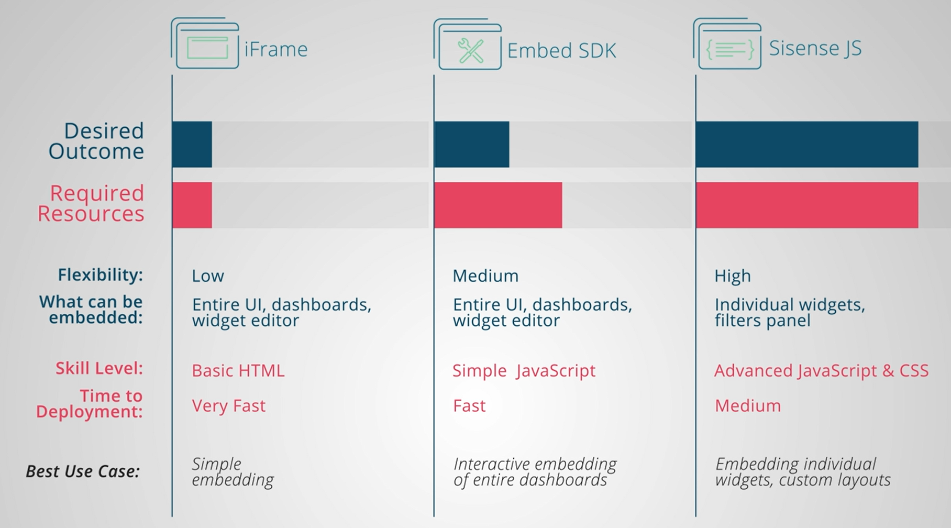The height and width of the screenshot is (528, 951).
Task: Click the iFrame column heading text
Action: [x=276, y=49]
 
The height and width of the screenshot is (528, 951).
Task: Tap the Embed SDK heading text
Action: [x=561, y=51]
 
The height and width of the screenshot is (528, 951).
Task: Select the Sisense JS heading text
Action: [x=815, y=48]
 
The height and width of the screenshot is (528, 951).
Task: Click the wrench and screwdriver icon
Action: [x=470, y=51]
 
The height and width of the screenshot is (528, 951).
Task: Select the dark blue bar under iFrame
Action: [x=192, y=145]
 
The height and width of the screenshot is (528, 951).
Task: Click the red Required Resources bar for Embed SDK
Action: [x=498, y=205]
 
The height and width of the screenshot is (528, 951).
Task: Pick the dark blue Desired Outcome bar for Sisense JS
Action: [x=807, y=145]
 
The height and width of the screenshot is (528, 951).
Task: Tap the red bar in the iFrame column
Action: [x=192, y=205]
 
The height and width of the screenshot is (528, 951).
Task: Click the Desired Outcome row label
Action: [x=96, y=141]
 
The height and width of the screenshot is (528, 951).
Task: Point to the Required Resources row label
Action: [x=91, y=203]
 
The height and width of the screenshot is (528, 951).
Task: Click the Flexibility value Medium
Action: [x=485, y=276]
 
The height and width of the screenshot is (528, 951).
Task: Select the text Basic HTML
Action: [x=238, y=370]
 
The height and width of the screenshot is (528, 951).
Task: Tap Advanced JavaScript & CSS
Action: [x=821, y=370]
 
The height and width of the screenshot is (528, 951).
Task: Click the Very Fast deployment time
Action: [x=229, y=405]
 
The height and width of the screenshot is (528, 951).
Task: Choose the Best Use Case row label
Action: [x=83, y=471]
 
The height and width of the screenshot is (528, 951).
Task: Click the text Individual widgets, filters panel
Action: [x=790, y=312]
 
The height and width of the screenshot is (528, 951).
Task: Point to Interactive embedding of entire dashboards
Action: [x=535, y=472]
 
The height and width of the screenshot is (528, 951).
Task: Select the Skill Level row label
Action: [x=99, y=368]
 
